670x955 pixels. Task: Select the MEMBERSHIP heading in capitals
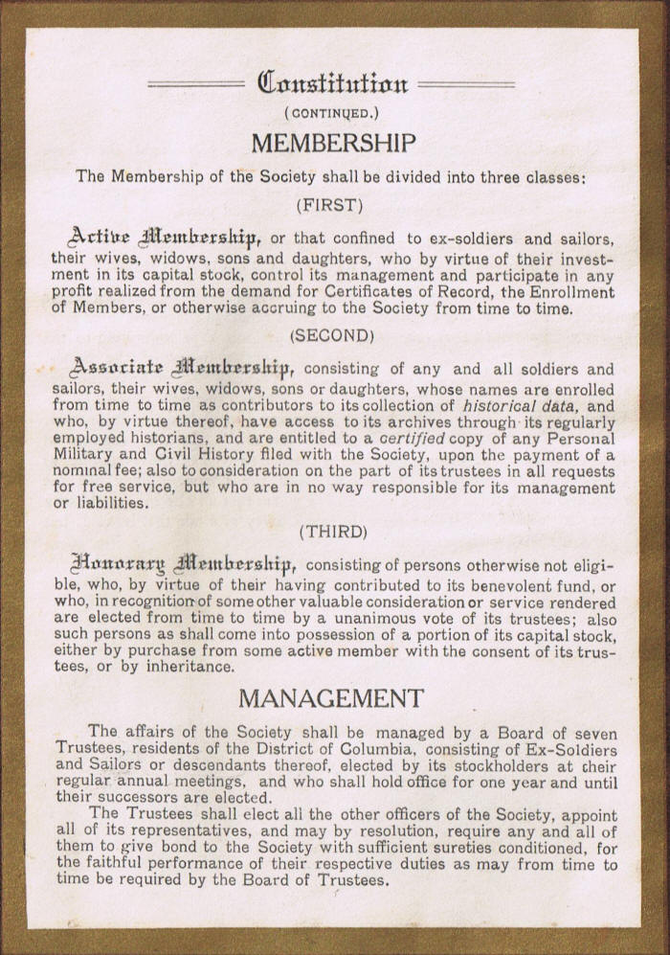[x=333, y=144]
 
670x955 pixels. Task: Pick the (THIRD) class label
[x=332, y=530]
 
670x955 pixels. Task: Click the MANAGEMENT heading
[x=331, y=697]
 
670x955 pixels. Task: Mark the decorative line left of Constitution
[x=196, y=84]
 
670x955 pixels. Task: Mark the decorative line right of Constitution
[x=466, y=84]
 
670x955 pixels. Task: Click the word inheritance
[x=183, y=668]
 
